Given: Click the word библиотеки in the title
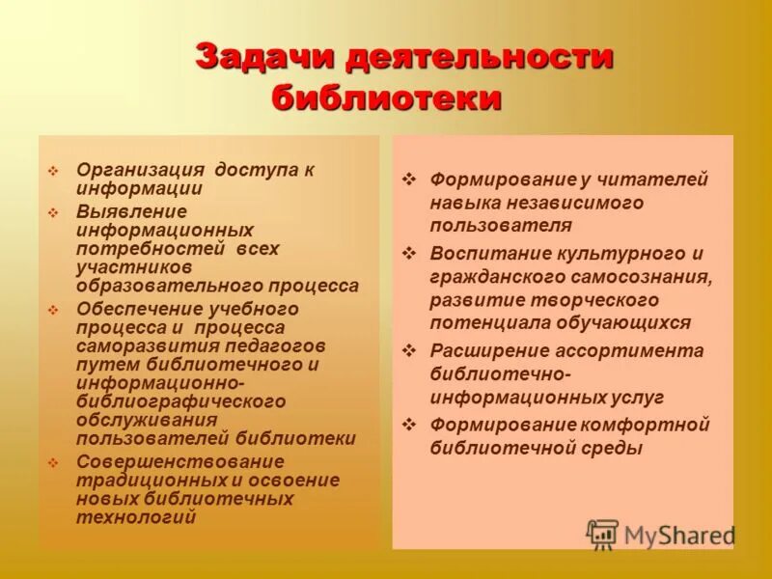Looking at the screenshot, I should coord(386,97).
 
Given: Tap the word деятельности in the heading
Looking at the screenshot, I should coord(479,57).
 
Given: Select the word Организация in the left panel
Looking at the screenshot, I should coord(141,170).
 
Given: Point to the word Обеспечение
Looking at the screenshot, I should coord(139,310).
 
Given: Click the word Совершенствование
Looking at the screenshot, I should coord(180,460).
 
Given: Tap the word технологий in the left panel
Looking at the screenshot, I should coord(136,516).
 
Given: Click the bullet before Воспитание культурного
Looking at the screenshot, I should coord(409,254).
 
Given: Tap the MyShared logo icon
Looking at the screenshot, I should coord(602,534).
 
